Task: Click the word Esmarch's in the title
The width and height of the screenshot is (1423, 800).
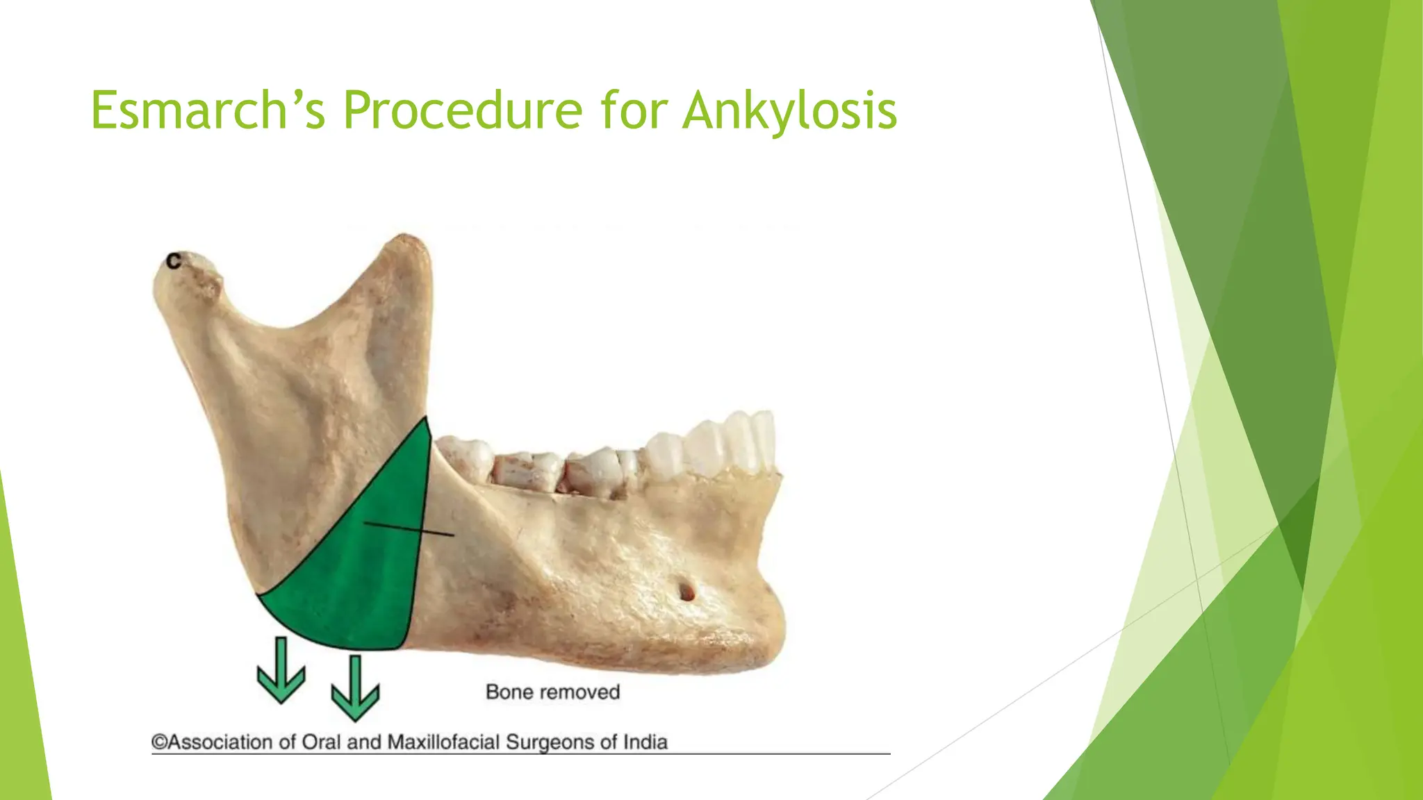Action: pos(208,110)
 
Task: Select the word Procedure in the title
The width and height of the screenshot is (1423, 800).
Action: pos(462,110)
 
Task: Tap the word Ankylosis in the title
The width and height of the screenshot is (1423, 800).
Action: pos(789,111)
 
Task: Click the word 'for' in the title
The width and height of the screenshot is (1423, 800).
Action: pos(632,110)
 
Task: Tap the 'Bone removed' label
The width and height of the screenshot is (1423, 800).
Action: pos(552,692)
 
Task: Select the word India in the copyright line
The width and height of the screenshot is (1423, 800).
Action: pos(645,742)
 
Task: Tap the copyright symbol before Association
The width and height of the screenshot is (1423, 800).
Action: pos(159,742)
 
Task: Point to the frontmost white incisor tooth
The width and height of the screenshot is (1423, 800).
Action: pos(764,439)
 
